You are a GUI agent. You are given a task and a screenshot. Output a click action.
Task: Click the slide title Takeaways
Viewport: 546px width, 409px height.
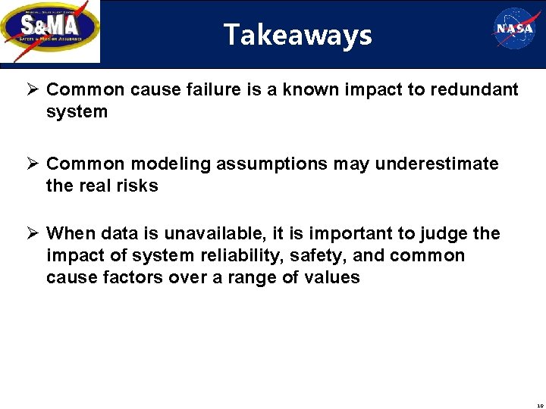[x=297, y=35]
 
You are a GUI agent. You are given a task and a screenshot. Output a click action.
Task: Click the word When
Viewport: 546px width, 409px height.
[x=71, y=234]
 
